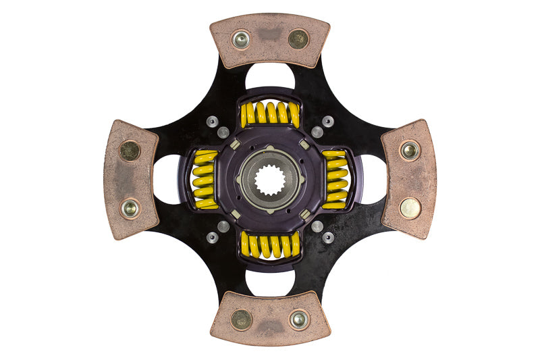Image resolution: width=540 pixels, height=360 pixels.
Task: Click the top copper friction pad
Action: click(270, 41)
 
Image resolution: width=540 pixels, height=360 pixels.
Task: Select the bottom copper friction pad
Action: click(270, 319)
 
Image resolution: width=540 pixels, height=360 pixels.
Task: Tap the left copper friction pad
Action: click(130, 180)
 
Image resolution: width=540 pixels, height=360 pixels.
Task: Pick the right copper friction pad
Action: click(409, 180)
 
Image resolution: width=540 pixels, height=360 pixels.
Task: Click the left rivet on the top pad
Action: click(241, 39)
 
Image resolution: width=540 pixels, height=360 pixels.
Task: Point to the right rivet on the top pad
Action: click(298, 39)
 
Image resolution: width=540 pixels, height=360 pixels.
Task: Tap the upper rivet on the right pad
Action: click(410, 151)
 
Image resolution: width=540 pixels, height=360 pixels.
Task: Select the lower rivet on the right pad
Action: click(410, 208)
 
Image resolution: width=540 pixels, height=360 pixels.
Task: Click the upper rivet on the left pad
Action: click(130, 150)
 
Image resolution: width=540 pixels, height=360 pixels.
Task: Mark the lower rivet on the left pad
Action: click(130, 208)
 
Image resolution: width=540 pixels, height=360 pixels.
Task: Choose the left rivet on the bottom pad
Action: click(241, 319)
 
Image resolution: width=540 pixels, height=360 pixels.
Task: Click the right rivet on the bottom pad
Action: click(298, 319)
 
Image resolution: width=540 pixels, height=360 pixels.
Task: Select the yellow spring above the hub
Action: click(270, 113)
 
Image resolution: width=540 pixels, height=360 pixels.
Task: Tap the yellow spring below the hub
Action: click(270, 245)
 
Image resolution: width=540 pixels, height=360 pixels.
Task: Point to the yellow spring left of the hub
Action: click(205, 180)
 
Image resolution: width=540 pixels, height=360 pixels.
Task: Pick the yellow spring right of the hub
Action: click(335, 180)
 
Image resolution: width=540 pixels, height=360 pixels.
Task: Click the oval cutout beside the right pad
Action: click(371, 180)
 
